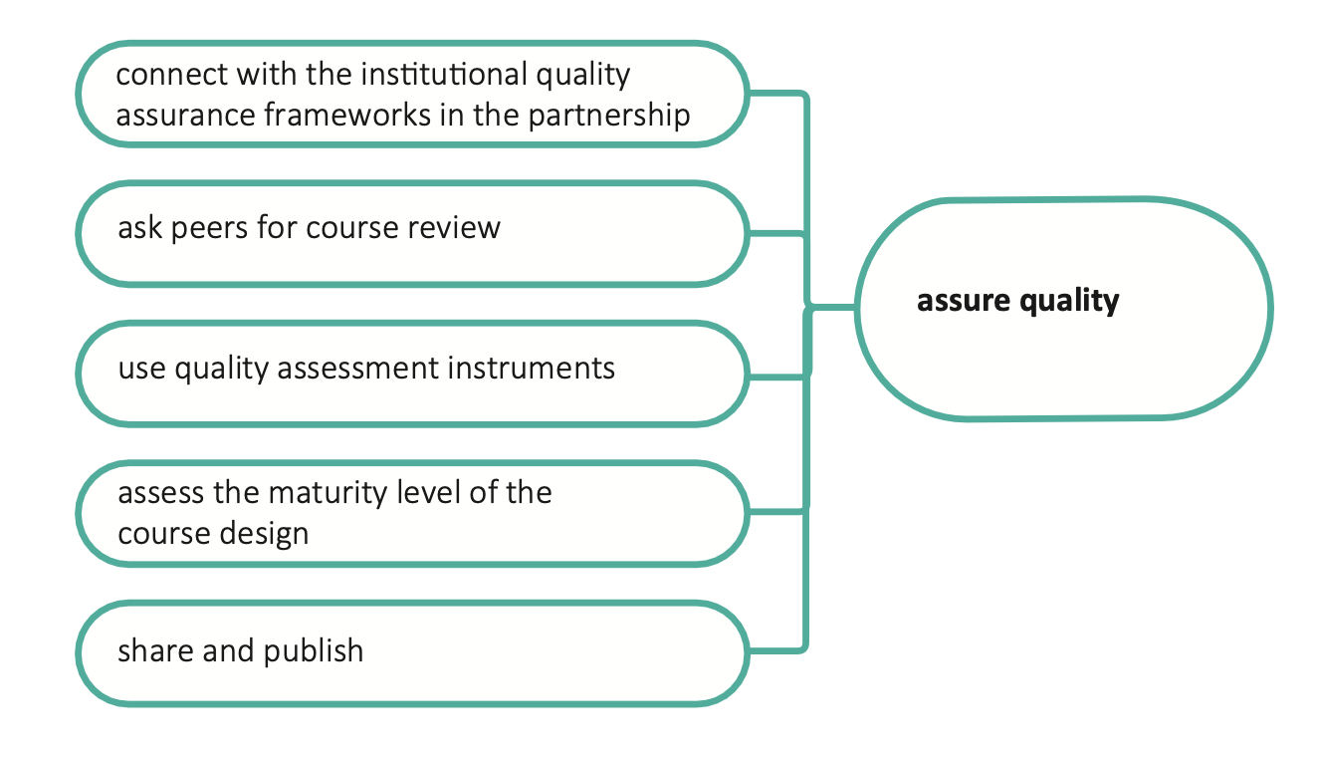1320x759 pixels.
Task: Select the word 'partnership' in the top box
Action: [608, 116]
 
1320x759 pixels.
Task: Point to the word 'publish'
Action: [314, 651]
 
